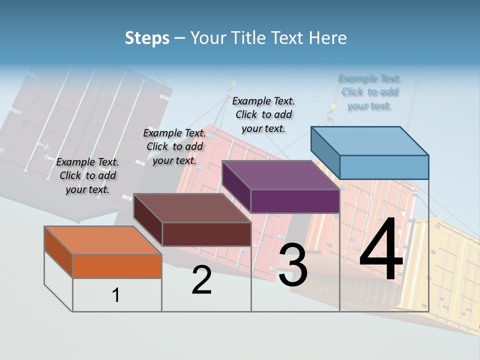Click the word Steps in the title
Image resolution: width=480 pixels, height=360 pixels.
click(x=147, y=38)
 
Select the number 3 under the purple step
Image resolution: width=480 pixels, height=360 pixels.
click(x=293, y=265)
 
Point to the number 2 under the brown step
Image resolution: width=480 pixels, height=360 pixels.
click(x=202, y=280)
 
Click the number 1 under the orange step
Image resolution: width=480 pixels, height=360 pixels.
click(x=116, y=295)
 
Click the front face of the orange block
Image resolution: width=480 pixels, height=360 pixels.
click(x=117, y=266)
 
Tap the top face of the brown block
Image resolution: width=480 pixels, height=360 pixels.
click(x=192, y=208)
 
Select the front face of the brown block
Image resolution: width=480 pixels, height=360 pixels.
click(x=206, y=234)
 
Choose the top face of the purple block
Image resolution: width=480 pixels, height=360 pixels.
click(x=281, y=175)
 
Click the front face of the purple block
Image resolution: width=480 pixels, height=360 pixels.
click(x=295, y=201)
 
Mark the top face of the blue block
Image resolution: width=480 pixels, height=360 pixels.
click(x=370, y=141)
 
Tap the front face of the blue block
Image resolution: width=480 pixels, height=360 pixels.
click(x=384, y=167)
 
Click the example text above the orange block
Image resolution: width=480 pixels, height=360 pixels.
click(x=87, y=176)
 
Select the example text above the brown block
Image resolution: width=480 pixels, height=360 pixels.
click(x=174, y=147)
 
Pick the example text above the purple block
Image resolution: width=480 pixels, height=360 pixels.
click(x=263, y=114)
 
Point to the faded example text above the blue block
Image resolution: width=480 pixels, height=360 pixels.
click(x=369, y=92)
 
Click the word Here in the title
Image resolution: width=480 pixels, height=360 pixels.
click(x=328, y=38)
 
